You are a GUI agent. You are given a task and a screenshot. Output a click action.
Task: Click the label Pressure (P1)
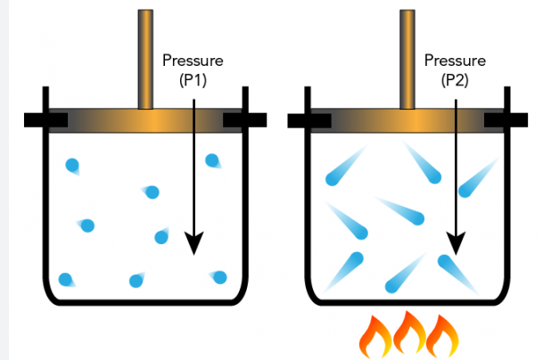[x=193, y=69]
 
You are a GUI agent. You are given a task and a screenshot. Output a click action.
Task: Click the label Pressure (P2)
[x=455, y=69]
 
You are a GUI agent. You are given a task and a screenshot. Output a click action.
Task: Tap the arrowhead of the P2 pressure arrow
[x=456, y=242]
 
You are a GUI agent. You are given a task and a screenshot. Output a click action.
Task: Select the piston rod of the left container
[x=146, y=58]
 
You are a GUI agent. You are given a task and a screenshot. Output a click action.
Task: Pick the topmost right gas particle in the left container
[x=212, y=160]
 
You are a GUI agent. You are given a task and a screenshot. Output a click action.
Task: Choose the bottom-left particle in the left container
[x=65, y=279]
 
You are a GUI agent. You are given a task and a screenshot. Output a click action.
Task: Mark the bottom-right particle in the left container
[x=219, y=277]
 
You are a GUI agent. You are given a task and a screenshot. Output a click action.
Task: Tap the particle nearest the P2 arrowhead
[x=447, y=263]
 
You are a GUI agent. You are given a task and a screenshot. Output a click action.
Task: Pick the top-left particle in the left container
[x=72, y=165]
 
